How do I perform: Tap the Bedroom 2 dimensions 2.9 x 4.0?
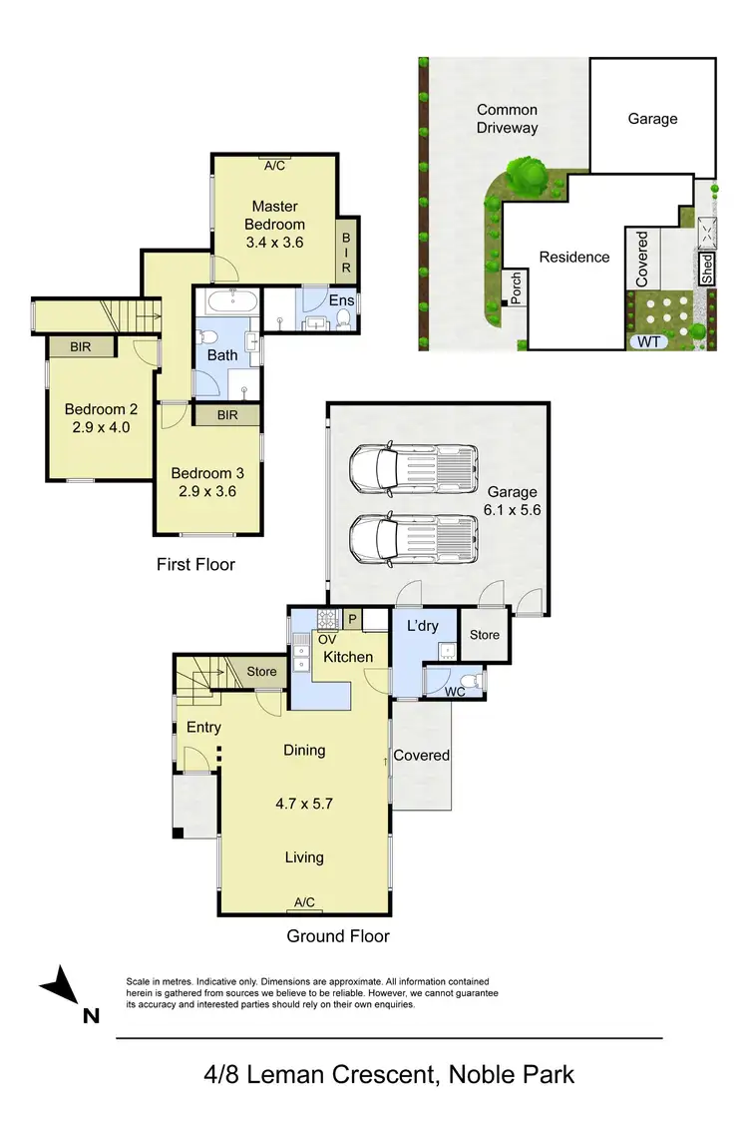[101, 427]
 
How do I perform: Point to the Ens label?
[341, 300]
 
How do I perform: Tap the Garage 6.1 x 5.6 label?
[512, 500]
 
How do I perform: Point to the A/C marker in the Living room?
[304, 902]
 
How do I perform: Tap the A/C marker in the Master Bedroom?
[274, 166]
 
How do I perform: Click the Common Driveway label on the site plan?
[507, 119]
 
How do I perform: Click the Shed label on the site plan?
[707, 269]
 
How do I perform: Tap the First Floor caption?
[195, 565]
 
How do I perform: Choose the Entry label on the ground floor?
[203, 728]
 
